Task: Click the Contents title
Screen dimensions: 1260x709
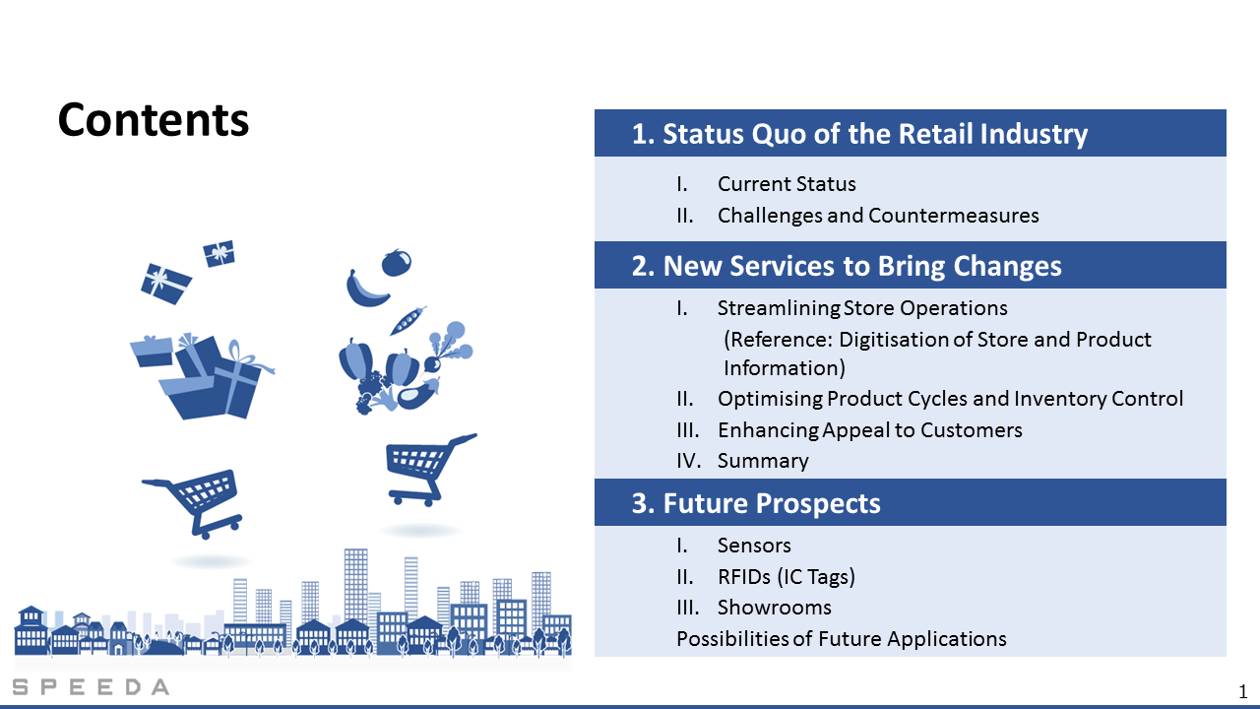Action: tap(153, 120)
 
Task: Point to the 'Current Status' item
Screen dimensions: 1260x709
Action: tap(787, 184)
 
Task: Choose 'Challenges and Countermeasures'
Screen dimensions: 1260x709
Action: tap(878, 216)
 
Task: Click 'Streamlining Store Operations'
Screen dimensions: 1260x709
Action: tap(862, 308)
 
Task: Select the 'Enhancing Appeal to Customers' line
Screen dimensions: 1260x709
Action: tap(869, 430)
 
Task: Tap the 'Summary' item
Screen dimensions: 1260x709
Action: tap(763, 461)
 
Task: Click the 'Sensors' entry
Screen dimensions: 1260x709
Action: tap(754, 546)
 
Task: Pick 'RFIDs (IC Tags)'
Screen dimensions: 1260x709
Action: tap(786, 577)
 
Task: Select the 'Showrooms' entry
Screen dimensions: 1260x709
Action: tap(774, 608)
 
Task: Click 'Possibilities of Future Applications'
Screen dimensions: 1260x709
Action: tap(842, 639)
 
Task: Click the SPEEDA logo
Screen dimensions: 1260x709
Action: tap(91, 687)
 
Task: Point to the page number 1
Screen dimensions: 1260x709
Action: tap(1242, 691)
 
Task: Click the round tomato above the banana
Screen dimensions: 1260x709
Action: tap(397, 263)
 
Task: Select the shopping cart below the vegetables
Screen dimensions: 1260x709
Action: tap(428, 470)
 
